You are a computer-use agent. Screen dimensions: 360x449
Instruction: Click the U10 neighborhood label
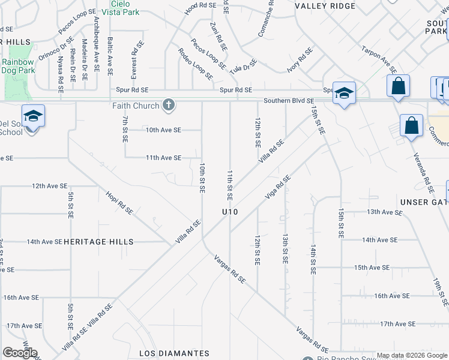pyautogui.click(x=230, y=212)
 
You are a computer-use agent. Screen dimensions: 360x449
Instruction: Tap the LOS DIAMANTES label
pyautogui.click(x=174, y=353)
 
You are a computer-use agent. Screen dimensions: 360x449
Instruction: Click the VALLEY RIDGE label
pyautogui.click(x=325, y=6)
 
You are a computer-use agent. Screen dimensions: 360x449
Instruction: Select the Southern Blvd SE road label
pyautogui.click(x=288, y=101)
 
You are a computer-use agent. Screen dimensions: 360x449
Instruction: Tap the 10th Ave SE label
pyautogui.click(x=163, y=130)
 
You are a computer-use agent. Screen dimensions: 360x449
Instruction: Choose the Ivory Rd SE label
pyautogui.click(x=300, y=61)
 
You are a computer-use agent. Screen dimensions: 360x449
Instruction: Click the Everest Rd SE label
pyautogui.click(x=135, y=60)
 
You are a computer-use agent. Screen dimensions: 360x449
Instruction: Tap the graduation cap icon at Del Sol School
pyautogui.click(x=33, y=115)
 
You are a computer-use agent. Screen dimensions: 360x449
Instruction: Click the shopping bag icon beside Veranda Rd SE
pyautogui.click(x=412, y=126)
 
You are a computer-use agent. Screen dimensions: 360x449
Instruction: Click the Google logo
pyautogui.click(x=20, y=353)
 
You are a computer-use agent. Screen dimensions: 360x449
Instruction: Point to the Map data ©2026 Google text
pyautogui.click(x=411, y=355)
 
